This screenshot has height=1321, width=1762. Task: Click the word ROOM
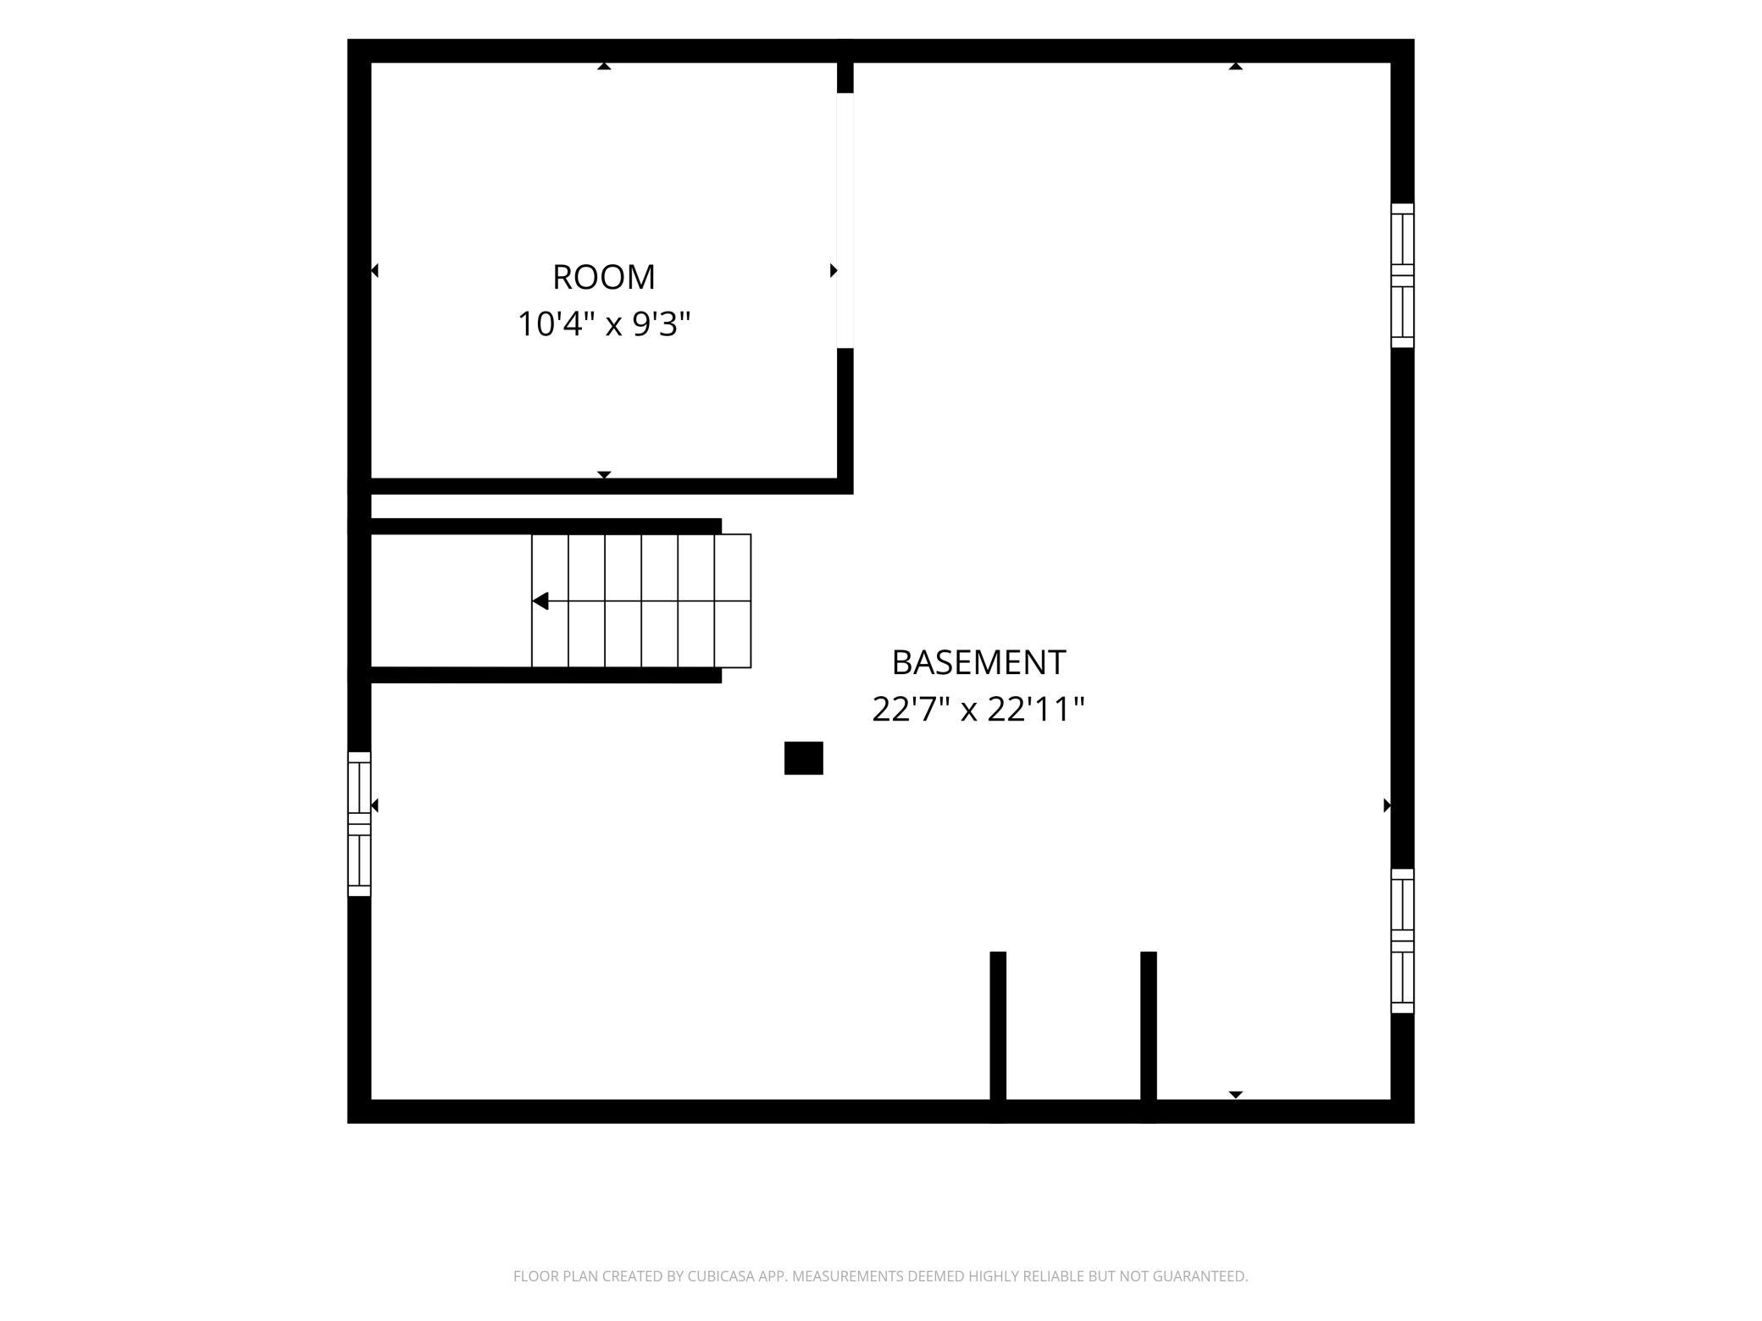(604, 277)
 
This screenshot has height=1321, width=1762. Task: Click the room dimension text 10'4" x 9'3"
(604, 323)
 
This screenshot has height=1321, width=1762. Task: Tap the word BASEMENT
(978, 662)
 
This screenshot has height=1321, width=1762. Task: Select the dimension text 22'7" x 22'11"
(978, 709)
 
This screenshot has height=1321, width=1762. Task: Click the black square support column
(804, 758)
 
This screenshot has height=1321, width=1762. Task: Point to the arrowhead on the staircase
(540, 601)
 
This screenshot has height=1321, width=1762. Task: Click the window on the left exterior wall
(359, 824)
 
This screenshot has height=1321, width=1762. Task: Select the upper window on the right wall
(1403, 275)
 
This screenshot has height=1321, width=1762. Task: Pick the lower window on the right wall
(1403, 941)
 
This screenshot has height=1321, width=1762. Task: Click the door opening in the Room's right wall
(845, 220)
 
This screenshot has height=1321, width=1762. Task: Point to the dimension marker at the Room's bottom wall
(604, 475)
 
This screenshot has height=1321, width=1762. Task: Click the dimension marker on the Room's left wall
(375, 271)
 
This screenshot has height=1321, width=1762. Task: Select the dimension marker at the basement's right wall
(1387, 805)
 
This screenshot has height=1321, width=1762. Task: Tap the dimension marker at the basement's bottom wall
(1236, 1095)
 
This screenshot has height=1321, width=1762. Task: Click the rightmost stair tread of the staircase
(733, 601)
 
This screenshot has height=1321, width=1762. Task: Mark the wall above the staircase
(546, 527)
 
